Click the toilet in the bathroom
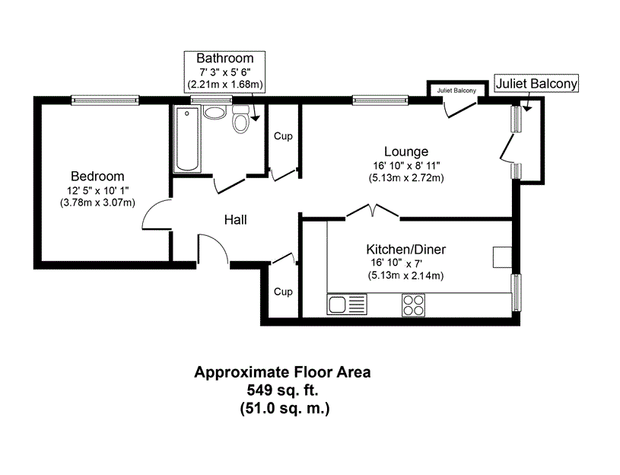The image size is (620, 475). (240, 119)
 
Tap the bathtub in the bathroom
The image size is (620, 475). (187, 139)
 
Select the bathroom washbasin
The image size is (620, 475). (215, 112)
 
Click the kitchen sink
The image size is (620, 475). (347, 304)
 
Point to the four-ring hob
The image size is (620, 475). (413, 305)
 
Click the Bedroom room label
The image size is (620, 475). (97, 176)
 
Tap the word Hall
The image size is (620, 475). (235, 220)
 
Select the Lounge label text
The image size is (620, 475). (406, 151)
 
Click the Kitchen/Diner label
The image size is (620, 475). (406, 249)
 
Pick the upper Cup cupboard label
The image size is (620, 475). (283, 136)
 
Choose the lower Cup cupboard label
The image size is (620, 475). (283, 292)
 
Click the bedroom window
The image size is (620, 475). (105, 100)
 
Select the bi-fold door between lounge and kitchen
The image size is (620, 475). (373, 210)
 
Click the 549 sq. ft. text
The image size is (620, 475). (282, 391)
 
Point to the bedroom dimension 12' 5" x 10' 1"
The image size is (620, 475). (97, 190)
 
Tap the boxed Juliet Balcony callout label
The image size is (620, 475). (536, 84)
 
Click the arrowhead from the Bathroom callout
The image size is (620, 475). (256, 117)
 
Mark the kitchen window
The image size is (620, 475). (516, 292)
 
